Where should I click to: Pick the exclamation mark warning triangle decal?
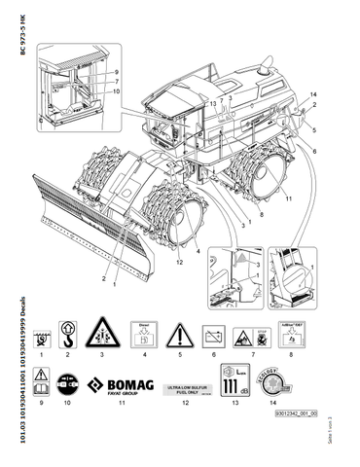click(177, 336)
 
